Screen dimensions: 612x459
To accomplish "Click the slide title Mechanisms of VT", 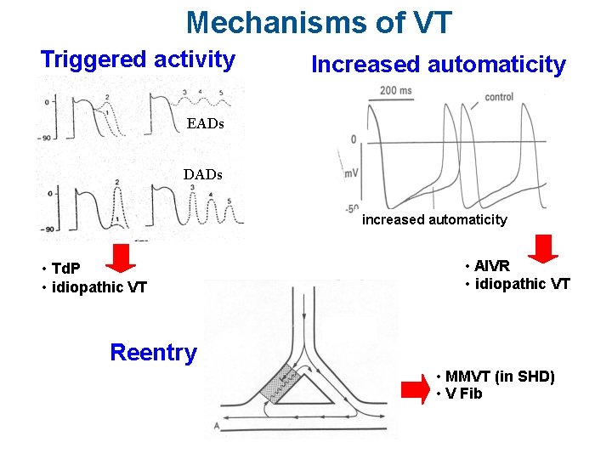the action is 320,22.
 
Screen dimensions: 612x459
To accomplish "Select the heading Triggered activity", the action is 138,59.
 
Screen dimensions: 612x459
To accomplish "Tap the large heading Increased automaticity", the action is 439,65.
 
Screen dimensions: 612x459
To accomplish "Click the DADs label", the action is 203,174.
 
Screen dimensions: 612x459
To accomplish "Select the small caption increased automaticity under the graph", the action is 434,219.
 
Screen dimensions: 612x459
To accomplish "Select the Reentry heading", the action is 154,352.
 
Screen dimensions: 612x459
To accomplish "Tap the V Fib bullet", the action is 462,393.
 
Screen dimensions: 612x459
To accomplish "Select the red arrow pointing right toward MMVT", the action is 415,388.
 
